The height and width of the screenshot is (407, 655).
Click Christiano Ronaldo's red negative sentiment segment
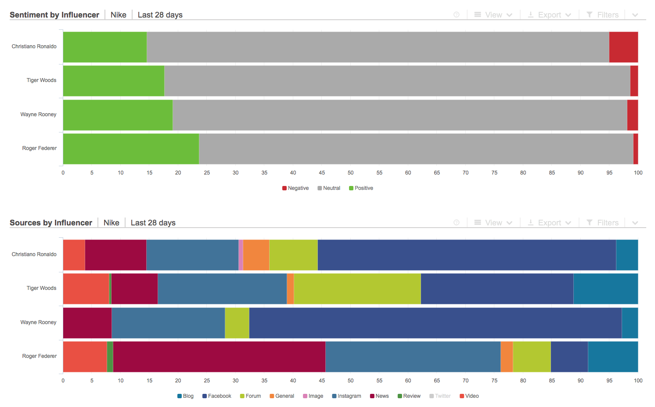tap(623, 47)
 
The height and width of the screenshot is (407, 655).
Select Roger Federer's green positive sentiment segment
tap(131, 149)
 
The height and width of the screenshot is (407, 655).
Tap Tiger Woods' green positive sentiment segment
tap(114, 81)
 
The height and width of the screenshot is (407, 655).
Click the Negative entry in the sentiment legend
tap(295, 188)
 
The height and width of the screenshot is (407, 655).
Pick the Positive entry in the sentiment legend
tap(361, 188)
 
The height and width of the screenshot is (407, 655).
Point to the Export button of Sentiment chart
tap(549, 15)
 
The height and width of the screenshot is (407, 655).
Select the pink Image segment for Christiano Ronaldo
tap(241, 255)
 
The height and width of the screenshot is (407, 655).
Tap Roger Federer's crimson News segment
tap(219, 357)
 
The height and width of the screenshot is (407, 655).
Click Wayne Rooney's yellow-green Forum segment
tap(237, 323)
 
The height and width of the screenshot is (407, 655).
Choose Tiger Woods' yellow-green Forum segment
tap(357, 289)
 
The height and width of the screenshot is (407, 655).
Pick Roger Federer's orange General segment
tap(507, 357)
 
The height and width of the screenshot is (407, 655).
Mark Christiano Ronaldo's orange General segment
tap(256, 255)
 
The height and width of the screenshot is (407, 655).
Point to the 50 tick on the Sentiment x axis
tap(350, 173)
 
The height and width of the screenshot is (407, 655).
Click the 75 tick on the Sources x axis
tap(494, 381)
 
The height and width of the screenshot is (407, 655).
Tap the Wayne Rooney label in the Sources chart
tap(38, 322)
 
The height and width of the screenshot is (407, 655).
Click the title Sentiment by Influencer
tap(54, 15)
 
